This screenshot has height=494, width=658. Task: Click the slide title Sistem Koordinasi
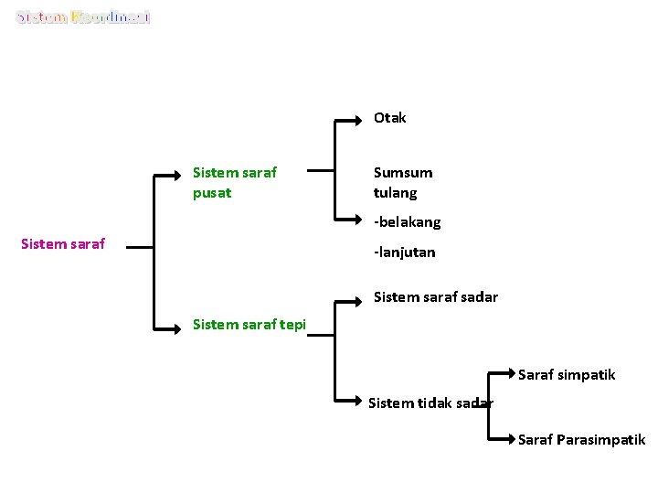(x=83, y=17)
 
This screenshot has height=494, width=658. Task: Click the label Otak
(x=389, y=118)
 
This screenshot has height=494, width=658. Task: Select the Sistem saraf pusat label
(x=235, y=182)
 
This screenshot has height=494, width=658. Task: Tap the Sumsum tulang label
(x=402, y=182)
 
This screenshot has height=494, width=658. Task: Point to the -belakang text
(x=407, y=222)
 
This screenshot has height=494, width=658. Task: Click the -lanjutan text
(x=404, y=252)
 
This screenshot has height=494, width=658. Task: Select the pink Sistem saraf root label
(x=63, y=243)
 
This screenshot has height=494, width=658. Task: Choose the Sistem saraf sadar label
(x=435, y=296)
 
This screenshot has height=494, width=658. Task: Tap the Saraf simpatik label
(x=567, y=375)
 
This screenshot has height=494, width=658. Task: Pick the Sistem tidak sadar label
(x=430, y=403)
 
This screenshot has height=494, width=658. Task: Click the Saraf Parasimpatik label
(x=581, y=440)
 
